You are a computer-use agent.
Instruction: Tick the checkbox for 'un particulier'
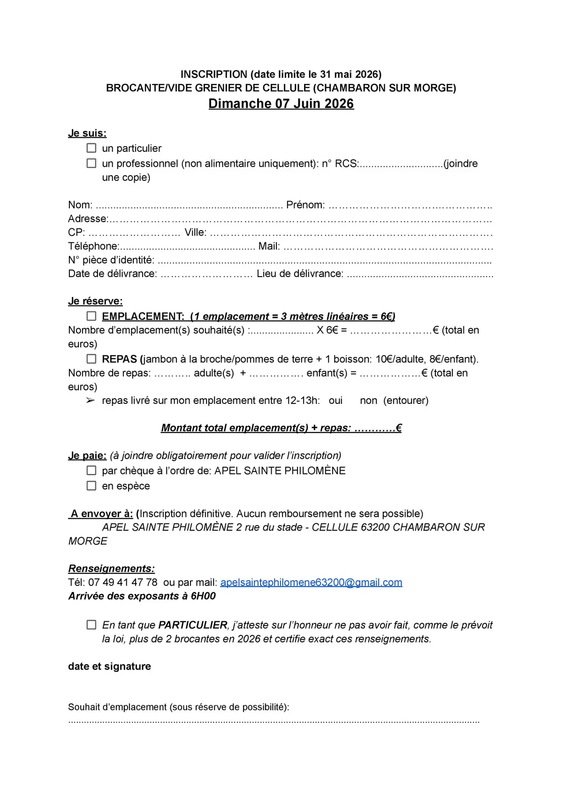click(x=91, y=148)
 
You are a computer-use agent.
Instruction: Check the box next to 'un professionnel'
click(x=91, y=163)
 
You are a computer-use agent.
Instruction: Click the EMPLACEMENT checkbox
click(x=91, y=316)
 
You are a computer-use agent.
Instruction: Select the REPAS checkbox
click(x=91, y=359)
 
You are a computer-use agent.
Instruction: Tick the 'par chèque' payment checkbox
click(x=91, y=470)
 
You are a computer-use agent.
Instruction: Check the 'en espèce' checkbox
click(x=91, y=486)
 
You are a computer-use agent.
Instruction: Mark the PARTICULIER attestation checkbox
click(x=91, y=625)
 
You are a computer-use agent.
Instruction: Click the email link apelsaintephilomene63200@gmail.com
click(x=311, y=582)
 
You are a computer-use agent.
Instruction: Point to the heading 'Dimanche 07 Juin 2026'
click(x=281, y=104)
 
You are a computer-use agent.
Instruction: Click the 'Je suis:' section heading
click(x=87, y=133)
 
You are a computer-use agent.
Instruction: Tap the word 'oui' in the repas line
click(x=335, y=401)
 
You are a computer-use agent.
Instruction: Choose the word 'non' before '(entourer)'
click(x=368, y=401)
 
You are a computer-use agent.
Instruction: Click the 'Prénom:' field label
click(x=305, y=205)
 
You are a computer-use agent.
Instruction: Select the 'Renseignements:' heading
click(x=112, y=568)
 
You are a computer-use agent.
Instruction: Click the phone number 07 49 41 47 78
click(x=123, y=582)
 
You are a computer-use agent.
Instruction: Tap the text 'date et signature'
click(x=109, y=666)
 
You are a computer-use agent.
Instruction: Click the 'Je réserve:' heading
click(x=95, y=301)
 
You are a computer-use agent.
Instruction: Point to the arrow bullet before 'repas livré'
click(x=91, y=401)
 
